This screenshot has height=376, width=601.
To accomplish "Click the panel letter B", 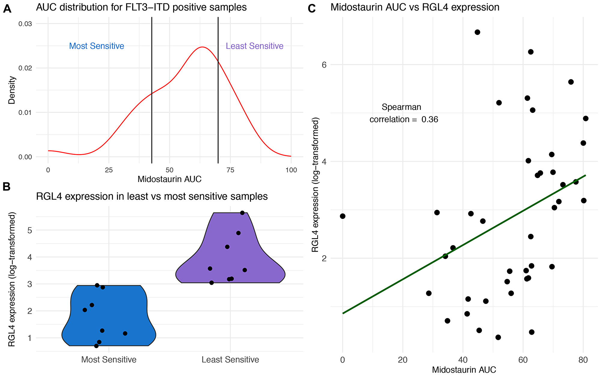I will [6, 187].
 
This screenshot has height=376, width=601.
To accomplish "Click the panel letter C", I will [312, 9].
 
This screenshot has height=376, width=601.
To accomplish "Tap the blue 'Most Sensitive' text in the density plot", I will [96, 46].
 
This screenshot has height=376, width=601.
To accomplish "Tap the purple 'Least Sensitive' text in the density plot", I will [255, 46].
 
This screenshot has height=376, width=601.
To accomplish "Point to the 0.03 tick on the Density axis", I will [25, 24].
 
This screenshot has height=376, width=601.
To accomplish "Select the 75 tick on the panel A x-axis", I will [230, 170].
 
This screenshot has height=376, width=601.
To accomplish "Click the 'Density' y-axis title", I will [12, 90].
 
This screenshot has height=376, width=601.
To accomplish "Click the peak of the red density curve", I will [203, 47].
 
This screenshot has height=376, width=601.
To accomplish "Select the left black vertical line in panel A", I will [152, 90].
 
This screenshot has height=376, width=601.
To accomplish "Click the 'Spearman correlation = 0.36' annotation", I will [404, 113].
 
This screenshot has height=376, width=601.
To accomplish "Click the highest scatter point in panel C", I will [477, 32].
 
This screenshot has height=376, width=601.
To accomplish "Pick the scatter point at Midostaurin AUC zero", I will [343, 216].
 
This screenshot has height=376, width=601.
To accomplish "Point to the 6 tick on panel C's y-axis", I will [324, 65].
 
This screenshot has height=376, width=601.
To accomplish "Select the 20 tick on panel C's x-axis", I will [403, 360].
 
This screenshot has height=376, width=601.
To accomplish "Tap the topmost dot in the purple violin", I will [243, 213].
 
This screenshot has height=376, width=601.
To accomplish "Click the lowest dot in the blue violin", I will [96, 346].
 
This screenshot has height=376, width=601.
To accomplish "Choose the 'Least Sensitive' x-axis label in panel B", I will [230, 359].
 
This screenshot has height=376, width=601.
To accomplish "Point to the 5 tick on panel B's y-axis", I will [29, 230].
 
